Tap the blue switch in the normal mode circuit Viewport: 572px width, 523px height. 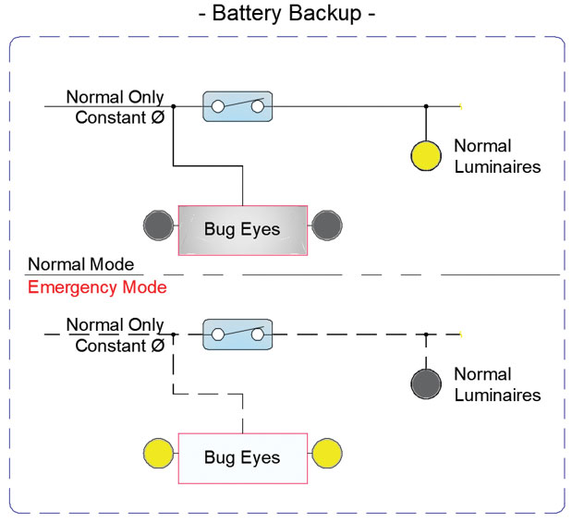pyautogui.click(x=237, y=106)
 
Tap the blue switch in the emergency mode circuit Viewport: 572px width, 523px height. pyautogui.click(x=237, y=334)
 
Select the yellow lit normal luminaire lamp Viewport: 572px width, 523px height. pyautogui.click(x=426, y=154)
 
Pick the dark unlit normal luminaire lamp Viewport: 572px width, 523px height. pyautogui.click(x=426, y=382)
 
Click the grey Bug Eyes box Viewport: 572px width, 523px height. pyautogui.click(x=242, y=229)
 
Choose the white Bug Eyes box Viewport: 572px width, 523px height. pyautogui.click(x=242, y=456)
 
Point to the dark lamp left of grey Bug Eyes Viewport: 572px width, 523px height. pyautogui.click(x=159, y=225)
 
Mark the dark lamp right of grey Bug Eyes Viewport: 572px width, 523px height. pyautogui.click(x=327, y=225)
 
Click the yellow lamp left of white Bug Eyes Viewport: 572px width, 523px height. pyautogui.click(x=159, y=453)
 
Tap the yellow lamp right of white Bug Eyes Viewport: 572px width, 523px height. pyautogui.click(x=327, y=453)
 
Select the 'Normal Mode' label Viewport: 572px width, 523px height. pyautogui.click(x=80, y=264)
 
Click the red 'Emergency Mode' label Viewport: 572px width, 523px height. pyautogui.click(x=97, y=287)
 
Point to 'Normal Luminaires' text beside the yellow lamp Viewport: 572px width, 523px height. pyautogui.click(x=496, y=156)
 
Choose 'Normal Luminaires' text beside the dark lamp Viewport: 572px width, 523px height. pyautogui.click(x=496, y=384)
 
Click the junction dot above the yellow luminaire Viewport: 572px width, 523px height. pyautogui.click(x=426, y=106)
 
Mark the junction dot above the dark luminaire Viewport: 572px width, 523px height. pyautogui.click(x=426, y=334)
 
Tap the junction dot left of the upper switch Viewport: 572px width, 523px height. pyautogui.click(x=174, y=106)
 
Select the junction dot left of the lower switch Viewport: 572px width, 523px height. pyautogui.click(x=174, y=334)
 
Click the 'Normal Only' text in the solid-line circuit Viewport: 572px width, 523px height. pyautogui.click(x=115, y=97)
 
